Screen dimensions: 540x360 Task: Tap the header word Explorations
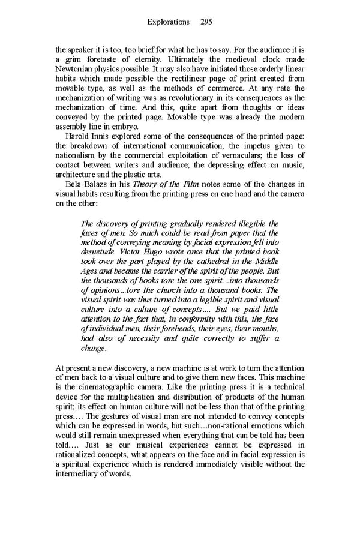tap(168, 22)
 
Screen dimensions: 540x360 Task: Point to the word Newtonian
tap(74, 70)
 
